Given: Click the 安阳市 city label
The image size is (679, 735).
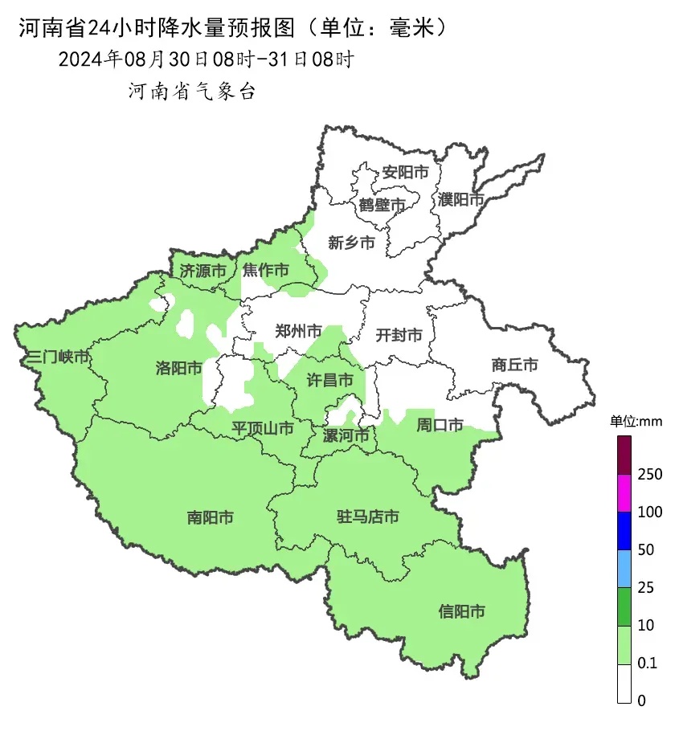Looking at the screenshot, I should point(405,172).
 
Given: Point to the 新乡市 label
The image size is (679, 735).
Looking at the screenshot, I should point(351,243).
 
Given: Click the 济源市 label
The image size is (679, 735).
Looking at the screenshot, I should point(202,271).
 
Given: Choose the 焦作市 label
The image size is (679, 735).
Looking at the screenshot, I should point(266,271).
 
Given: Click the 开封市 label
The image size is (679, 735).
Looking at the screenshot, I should point(399,335).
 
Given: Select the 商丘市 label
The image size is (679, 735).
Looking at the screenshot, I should point(514,365).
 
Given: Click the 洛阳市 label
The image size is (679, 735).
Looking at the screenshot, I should point(178,369).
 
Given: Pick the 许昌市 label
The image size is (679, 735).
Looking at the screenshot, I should point(330,381).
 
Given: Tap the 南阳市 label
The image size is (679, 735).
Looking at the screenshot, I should point(210,518).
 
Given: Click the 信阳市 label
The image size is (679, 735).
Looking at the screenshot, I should point(462,612).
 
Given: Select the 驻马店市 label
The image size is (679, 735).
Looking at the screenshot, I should point(367,517).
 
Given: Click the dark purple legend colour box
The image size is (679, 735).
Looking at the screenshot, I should point(624,455).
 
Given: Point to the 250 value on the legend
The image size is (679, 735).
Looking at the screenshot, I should point(649,475).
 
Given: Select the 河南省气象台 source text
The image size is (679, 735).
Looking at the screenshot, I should point(192,92).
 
